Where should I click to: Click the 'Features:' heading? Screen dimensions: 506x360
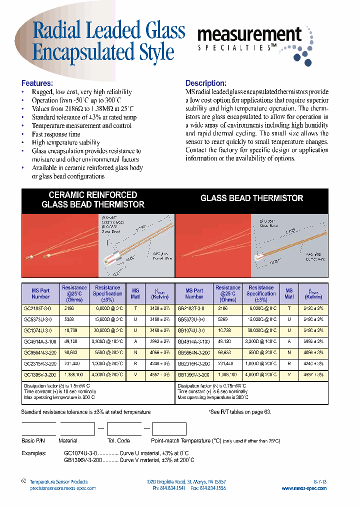point(37,83)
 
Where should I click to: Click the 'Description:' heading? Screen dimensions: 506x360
point(206,83)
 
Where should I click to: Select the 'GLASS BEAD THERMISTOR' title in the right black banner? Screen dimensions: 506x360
point(251,198)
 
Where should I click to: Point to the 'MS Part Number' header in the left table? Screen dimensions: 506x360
point(41,293)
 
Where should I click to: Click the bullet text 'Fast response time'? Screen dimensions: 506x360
point(55,134)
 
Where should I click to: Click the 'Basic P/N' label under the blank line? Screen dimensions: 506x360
point(35,441)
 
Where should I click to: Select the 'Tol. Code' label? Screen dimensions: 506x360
point(118,441)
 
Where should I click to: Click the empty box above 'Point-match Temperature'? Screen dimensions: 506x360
point(168,429)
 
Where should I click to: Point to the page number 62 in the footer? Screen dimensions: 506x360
point(23,480)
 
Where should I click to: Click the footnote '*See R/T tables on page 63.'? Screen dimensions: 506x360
point(239,412)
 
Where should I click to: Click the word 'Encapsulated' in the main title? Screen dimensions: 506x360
point(83,52)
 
